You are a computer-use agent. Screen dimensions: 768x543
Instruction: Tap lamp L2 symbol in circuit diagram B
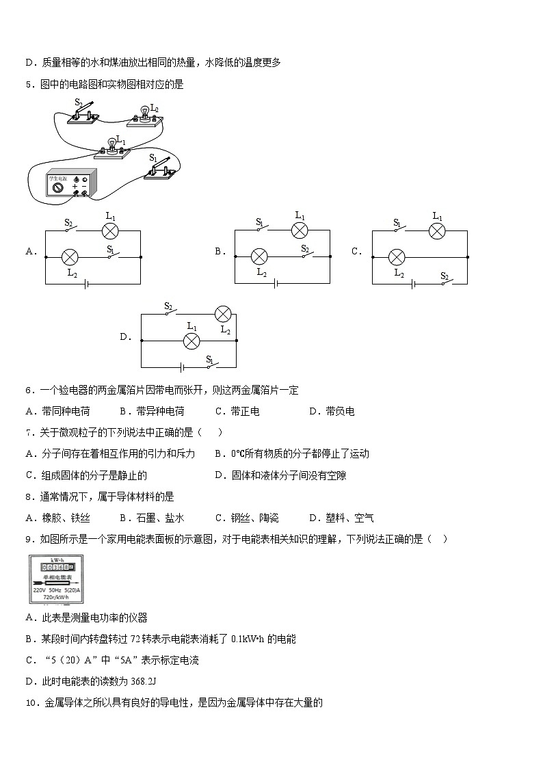pos(259,256)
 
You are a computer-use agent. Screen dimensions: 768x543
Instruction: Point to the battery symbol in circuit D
pos(181,366)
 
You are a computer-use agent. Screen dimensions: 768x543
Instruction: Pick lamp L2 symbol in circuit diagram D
pos(223,314)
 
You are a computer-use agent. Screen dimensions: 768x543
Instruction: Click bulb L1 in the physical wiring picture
pos(112,145)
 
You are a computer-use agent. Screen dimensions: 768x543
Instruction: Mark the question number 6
pos(29,390)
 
